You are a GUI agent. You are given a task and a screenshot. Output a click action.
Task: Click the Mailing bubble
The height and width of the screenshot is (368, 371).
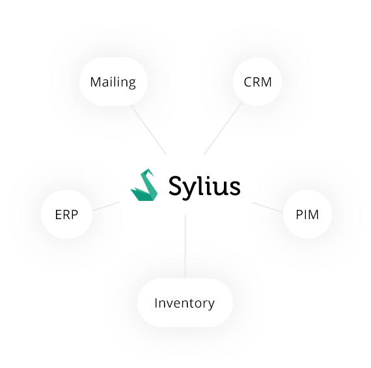113,81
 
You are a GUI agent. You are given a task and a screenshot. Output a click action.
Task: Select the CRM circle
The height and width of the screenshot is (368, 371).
258,81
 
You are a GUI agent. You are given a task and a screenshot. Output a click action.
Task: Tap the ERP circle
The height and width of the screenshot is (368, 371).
67,214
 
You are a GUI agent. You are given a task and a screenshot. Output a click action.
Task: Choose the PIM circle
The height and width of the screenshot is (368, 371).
307,214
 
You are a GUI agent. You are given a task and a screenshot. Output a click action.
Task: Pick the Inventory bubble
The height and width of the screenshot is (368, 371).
185,303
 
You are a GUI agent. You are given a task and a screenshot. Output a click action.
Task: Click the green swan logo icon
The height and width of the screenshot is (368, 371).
144,185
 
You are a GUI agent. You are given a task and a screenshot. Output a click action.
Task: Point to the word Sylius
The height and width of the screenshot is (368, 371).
204,187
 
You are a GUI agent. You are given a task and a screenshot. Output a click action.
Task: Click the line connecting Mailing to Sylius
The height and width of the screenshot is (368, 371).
148,130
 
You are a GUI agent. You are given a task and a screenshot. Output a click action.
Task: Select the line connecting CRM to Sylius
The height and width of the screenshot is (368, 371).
223,128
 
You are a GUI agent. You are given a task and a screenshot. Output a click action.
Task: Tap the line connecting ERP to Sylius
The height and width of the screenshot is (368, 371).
105,206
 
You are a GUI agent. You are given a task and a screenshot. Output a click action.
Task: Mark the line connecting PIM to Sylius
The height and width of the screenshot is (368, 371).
267,207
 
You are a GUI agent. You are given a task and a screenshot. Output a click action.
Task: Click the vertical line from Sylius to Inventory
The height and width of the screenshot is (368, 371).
185,247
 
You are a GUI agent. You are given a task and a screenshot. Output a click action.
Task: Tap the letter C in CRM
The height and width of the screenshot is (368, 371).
248,82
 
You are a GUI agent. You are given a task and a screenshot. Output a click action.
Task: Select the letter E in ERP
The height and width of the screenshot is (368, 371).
58,215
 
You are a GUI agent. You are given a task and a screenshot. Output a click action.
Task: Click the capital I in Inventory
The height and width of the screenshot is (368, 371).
156,303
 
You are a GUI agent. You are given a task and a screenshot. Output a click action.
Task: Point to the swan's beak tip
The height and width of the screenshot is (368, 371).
154,176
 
